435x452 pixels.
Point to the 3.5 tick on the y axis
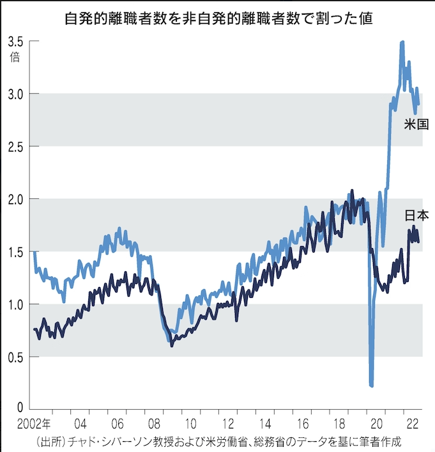click(16, 42)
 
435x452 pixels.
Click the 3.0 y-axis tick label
click(16, 94)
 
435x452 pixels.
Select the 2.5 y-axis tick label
click(16, 146)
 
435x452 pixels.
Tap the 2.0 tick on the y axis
click(16, 199)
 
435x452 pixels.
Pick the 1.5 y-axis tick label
click(16, 251)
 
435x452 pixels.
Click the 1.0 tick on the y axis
click(16, 304)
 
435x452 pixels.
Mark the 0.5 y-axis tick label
click(16, 357)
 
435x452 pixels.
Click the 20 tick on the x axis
click(376, 424)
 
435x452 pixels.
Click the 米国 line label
click(416, 124)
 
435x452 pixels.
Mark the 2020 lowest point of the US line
click(371, 386)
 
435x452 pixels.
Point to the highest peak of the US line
click(402, 43)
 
